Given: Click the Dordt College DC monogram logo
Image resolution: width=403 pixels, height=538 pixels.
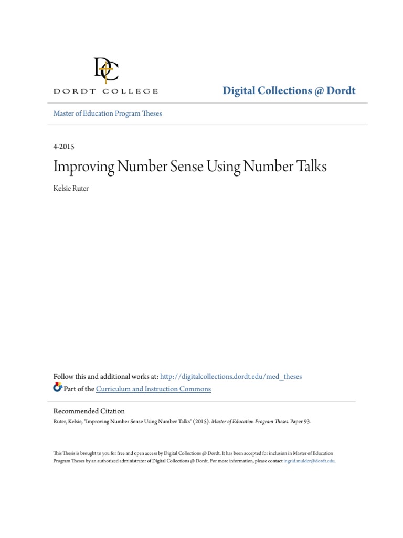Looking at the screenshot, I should [x=106, y=70].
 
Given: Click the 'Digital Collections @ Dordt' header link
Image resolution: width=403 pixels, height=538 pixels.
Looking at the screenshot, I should [x=289, y=90].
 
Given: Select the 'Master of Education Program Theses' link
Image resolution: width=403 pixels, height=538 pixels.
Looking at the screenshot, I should [x=108, y=113].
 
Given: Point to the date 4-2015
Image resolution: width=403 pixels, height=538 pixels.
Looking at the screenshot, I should [x=64, y=147].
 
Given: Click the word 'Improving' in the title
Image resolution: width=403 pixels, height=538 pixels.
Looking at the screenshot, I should [x=85, y=167].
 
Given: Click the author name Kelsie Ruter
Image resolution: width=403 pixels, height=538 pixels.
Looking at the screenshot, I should [x=71, y=188].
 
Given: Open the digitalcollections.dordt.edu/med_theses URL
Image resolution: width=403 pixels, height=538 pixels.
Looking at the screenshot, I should [x=231, y=377].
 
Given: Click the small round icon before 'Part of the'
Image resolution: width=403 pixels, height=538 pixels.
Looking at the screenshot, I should [x=58, y=388].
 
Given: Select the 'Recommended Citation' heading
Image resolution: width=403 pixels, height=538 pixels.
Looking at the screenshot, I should [x=89, y=411].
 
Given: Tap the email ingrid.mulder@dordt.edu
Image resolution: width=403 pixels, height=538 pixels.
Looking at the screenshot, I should [x=309, y=461].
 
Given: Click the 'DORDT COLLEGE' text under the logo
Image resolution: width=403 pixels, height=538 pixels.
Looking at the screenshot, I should [x=105, y=91].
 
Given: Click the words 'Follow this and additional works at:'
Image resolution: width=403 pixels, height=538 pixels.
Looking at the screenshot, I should [x=105, y=377].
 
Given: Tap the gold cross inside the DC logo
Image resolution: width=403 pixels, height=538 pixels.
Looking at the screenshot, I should [x=107, y=71].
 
